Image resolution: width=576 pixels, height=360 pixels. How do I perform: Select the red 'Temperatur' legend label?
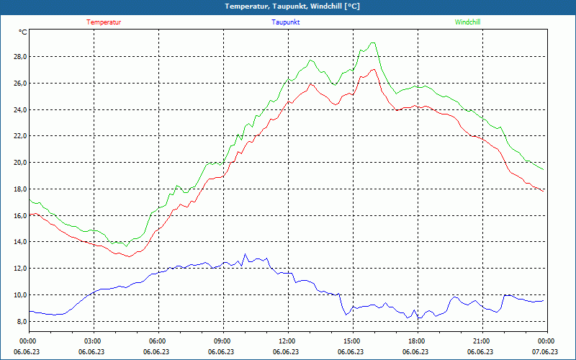(x=104, y=22)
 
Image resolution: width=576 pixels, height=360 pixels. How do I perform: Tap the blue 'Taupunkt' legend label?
(x=286, y=22)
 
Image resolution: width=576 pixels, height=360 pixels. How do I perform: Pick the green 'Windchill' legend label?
(x=467, y=22)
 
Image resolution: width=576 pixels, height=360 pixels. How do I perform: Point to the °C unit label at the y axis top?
(x=23, y=32)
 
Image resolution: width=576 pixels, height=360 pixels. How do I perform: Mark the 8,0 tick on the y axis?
(x=22, y=322)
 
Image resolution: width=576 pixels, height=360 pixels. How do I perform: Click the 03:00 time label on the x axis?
(x=93, y=341)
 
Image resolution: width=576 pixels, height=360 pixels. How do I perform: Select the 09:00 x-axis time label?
(x=222, y=341)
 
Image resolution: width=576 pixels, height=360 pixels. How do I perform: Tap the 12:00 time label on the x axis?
(x=287, y=341)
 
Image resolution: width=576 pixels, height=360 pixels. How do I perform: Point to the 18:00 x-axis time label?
(x=416, y=341)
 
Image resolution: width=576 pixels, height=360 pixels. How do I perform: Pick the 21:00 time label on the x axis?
(x=481, y=341)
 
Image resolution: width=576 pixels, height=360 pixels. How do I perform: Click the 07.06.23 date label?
(x=546, y=352)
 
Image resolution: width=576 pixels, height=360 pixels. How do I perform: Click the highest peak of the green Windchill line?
(x=373, y=42)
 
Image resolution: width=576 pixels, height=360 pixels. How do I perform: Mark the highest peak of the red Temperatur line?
(x=374, y=69)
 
